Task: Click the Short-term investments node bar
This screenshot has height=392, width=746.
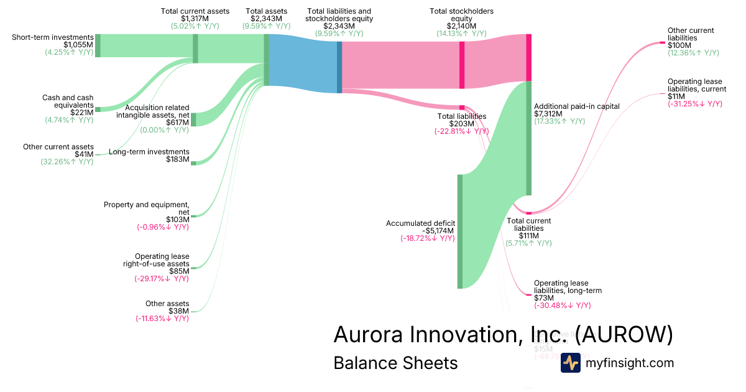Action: pyautogui.click(x=98, y=45)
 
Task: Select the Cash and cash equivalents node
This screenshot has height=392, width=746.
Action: pyautogui.click(x=98, y=109)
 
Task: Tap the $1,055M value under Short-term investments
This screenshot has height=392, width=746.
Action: pyautogui.click(x=78, y=45)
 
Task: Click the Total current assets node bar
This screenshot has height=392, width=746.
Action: pyautogui.click(x=195, y=49)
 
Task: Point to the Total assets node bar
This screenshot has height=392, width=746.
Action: pyautogui.click(x=267, y=60)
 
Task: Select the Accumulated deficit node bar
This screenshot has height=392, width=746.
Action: pyautogui.click(x=460, y=231)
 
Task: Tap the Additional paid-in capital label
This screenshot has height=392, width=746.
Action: pyautogui.click(x=577, y=106)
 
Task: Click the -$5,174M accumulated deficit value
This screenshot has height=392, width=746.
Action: pyautogui.click(x=438, y=231)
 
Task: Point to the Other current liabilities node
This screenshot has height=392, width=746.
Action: pyautogui.click(x=663, y=43)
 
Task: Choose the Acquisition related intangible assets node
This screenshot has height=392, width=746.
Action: pyautogui.click(x=193, y=119)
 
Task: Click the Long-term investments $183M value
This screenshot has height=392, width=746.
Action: pyautogui.click(x=178, y=160)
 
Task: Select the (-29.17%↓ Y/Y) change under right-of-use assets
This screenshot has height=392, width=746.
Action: pyautogui.click(x=162, y=279)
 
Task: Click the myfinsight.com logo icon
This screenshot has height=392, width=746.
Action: pyautogui.click(x=570, y=363)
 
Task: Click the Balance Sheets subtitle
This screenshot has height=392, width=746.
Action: pyautogui.click(x=395, y=363)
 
